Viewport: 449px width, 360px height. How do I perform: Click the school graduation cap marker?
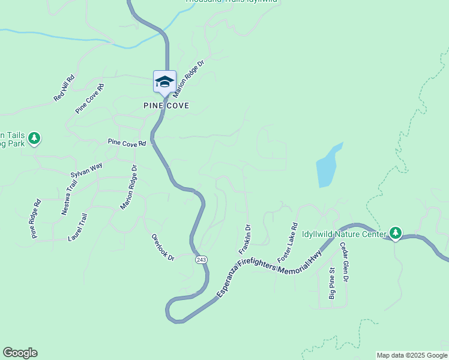coord(164,82)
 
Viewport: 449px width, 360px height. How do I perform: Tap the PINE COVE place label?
coord(166,106)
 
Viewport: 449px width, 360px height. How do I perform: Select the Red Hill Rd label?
coord(64,88)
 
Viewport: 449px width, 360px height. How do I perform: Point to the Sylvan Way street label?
coord(87,170)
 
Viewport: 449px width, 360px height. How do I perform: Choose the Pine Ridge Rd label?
coord(37,219)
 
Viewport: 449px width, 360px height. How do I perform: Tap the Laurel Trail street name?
coord(78,227)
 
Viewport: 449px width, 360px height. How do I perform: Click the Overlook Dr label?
coord(163,248)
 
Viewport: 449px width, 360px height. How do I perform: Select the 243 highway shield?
coord(201,259)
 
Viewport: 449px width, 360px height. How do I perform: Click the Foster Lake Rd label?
coord(288,243)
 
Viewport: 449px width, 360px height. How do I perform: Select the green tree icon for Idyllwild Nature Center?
coord(395,232)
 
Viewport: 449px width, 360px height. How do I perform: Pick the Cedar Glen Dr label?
coord(345,262)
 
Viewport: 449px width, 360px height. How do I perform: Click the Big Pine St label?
coord(331,283)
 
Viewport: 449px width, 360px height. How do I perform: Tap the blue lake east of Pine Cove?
coord(328,166)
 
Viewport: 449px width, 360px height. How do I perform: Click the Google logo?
coord(20,353)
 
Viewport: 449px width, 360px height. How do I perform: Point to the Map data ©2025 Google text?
coord(412,355)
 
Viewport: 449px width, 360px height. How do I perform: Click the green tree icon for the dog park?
coord(34,139)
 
